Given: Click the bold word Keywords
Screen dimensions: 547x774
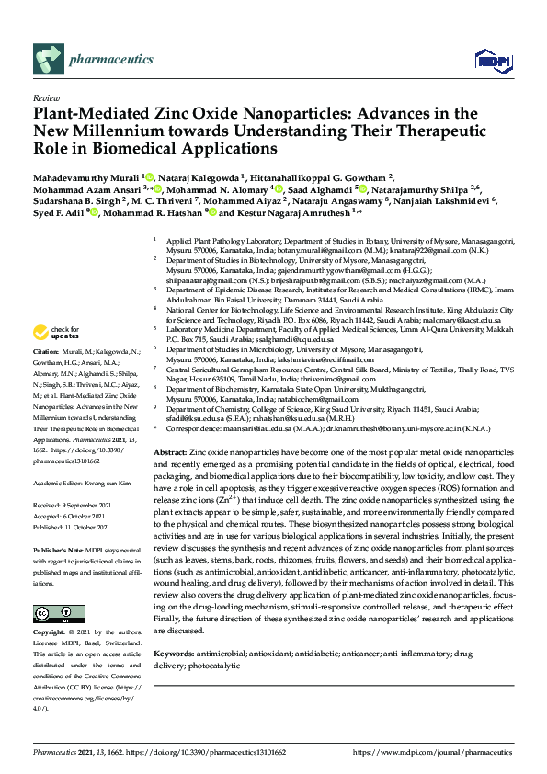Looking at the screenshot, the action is [175, 654].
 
